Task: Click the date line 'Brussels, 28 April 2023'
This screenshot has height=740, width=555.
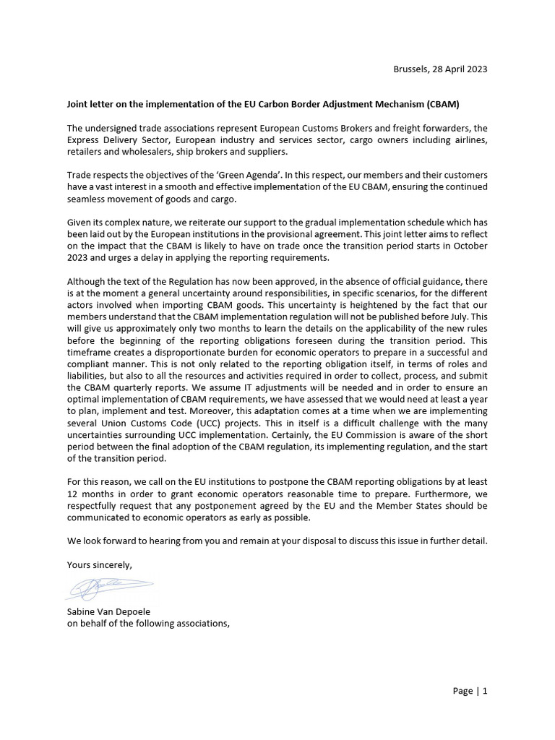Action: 439,69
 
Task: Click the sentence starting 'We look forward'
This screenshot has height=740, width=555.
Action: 277,540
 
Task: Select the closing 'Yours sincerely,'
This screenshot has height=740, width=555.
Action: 100,564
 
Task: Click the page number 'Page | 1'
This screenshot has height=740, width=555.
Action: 470,691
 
